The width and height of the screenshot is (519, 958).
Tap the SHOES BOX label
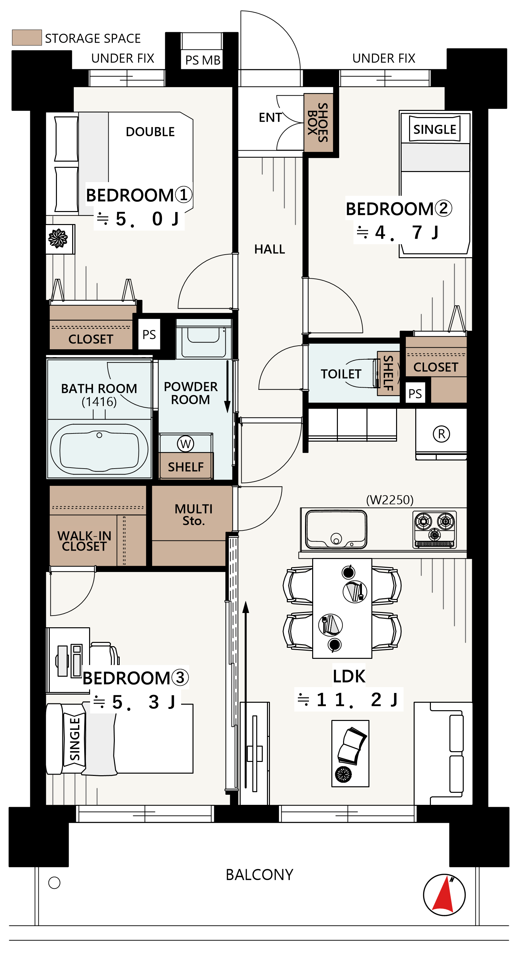pos(318,122)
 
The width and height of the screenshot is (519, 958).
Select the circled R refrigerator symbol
pos(441,434)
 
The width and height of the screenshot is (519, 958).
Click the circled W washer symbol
pos(185,444)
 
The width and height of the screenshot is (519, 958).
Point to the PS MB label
pos(203,60)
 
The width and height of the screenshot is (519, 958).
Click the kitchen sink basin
pos(336,529)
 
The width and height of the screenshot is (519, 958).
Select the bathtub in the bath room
pos(99,449)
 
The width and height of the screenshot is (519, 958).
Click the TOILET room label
pos(341,374)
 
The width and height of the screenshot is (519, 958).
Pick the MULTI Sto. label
pos(193,515)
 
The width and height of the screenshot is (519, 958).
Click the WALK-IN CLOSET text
pos(85,541)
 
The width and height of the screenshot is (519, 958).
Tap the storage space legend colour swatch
pos(27,38)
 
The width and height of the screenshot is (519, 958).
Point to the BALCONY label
pos(259,875)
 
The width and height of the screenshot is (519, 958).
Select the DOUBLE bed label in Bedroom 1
pos(150,132)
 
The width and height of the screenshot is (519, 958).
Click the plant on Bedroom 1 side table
pos(58,238)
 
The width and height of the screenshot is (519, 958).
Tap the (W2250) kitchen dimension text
pos(390,500)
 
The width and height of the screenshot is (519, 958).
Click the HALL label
pos(270,249)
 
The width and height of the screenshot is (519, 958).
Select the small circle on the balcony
pos(54,883)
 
